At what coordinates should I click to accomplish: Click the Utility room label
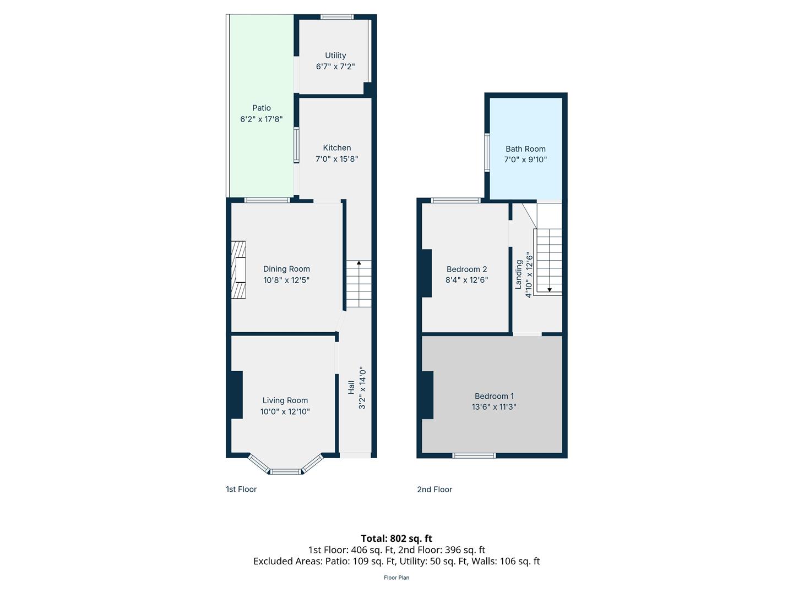(x=335, y=56)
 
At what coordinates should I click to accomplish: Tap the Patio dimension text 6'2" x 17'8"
(x=261, y=119)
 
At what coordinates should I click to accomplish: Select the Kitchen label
(x=336, y=147)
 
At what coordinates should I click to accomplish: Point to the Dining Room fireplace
(x=238, y=269)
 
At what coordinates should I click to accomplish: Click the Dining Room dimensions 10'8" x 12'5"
(x=286, y=280)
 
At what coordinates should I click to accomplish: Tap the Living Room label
(x=285, y=400)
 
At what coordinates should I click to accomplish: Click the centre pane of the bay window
(x=285, y=471)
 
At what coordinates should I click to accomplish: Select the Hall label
(x=351, y=387)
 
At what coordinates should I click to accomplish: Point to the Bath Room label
(x=525, y=148)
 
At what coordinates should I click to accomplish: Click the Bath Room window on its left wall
(x=487, y=152)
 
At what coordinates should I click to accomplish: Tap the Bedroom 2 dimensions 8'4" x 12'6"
(x=466, y=280)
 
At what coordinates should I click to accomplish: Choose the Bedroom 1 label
(x=494, y=396)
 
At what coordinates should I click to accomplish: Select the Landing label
(x=519, y=274)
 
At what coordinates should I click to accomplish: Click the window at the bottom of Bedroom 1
(x=474, y=455)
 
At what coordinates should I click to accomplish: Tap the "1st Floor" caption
(x=241, y=490)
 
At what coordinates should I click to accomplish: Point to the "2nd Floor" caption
(x=434, y=490)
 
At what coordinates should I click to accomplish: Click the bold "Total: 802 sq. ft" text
(x=397, y=538)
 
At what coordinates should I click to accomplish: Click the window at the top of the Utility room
(x=336, y=16)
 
